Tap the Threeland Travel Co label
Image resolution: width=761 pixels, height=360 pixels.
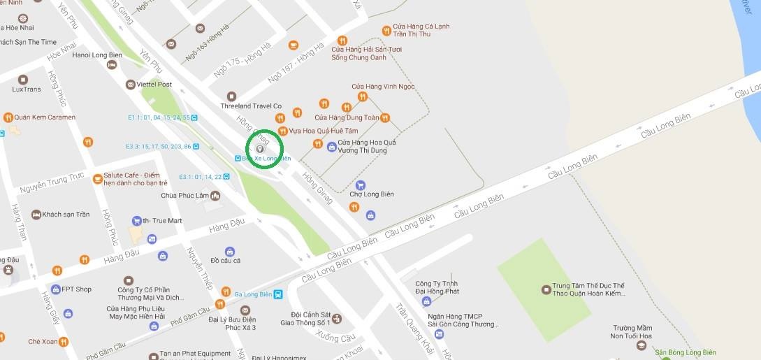click(250, 106)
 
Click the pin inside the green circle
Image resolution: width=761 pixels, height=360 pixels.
click(260, 148)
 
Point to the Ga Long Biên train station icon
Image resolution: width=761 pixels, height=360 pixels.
click(278, 294)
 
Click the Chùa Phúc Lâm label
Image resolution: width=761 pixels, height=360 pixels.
click(184, 196)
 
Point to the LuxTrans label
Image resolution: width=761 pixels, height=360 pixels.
click(27, 89)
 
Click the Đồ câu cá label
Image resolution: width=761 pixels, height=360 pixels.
click(225, 261)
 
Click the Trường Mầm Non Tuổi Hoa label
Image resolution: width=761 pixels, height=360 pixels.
click(635, 333)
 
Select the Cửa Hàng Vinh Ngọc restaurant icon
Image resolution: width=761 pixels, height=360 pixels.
click(361, 96)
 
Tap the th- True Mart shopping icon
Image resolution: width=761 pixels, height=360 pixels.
click(137, 221)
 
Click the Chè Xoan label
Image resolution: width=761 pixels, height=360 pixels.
click(42, 342)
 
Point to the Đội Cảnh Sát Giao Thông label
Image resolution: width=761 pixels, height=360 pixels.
click(310, 319)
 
